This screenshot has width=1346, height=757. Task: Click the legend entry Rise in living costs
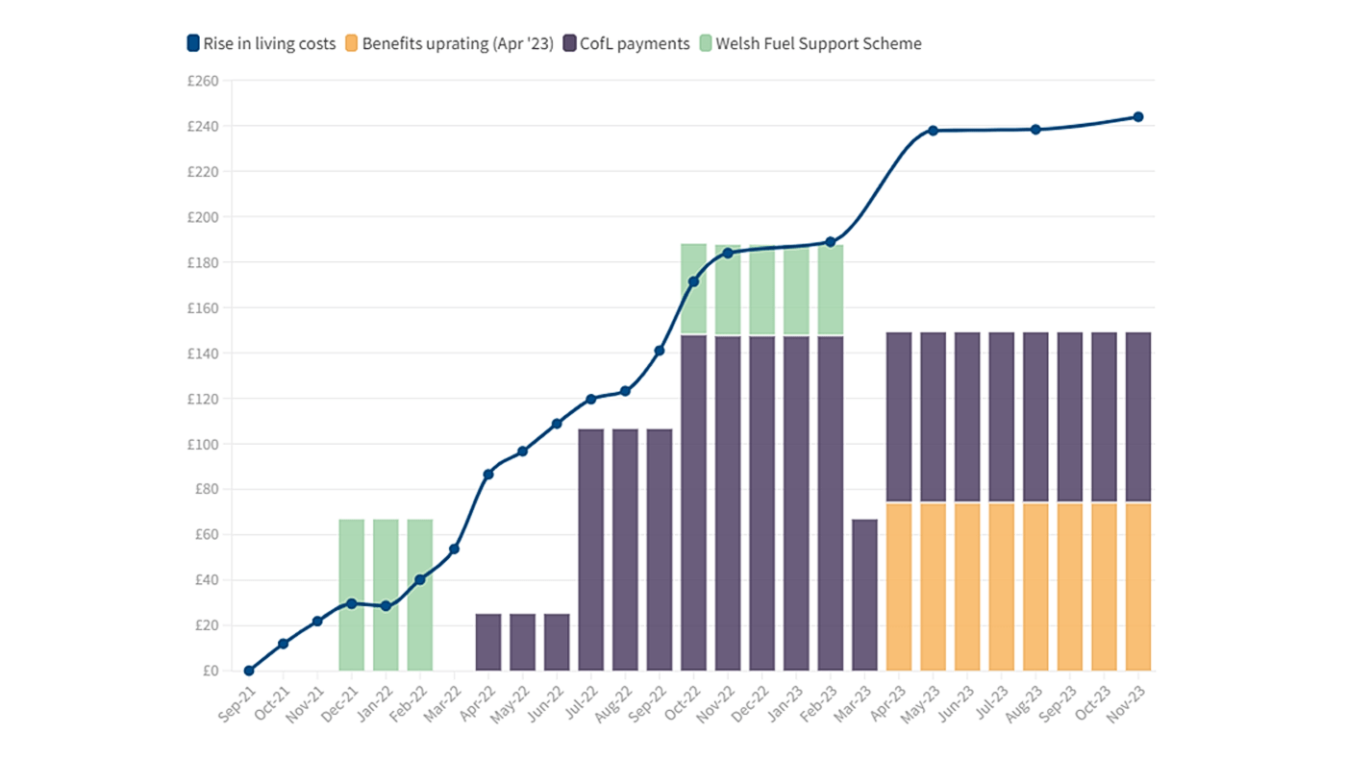(262, 43)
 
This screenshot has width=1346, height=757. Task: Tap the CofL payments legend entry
(626, 43)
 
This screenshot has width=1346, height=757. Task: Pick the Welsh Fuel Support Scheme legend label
(810, 43)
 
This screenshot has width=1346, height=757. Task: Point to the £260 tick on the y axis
(203, 81)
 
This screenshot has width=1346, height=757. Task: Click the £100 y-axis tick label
(203, 444)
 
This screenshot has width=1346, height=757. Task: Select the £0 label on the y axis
(209, 671)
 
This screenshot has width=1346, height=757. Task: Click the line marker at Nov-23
(1138, 117)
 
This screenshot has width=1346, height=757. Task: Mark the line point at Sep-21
(249, 671)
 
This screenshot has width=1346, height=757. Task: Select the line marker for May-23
(933, 131)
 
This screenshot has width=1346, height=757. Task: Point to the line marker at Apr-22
(488, 474)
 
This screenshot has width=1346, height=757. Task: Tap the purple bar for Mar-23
(864, 595)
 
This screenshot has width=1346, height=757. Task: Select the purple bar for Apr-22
(488, 642)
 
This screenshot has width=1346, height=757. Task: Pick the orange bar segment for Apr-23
(899, 586)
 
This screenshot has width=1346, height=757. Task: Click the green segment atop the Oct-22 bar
(693, 288)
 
